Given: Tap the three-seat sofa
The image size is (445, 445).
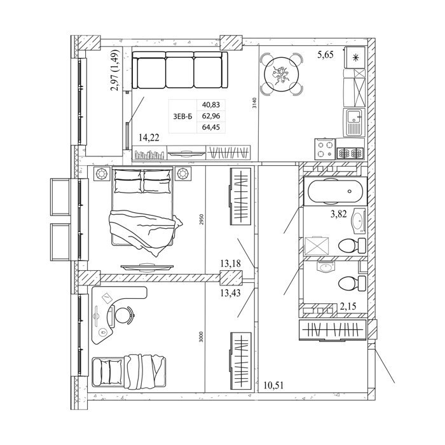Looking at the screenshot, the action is coord(180,70).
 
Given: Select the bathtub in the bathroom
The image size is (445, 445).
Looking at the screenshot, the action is coord(335,191).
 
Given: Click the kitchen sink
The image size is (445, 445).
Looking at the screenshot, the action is coord(353,122).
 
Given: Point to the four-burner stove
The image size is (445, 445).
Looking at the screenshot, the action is coord(325,149).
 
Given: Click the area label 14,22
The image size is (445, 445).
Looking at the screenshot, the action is coord(149,138).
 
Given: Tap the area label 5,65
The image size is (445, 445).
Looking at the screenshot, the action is coord(325,55).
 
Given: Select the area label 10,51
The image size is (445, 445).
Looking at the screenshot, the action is coord(273,385).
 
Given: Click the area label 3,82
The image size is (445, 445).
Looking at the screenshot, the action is coord(339,214).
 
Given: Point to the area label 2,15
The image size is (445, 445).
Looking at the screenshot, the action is coord(348,306).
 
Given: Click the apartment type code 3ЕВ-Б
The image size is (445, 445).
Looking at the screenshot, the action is coord(182,116).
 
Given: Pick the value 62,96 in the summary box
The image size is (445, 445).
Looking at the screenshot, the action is coord(211,116).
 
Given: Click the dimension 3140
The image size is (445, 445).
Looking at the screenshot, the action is coord(254,103).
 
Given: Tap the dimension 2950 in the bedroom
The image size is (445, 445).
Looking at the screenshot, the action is coord(202,219).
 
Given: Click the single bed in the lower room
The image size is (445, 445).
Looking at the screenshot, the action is coord(129,371).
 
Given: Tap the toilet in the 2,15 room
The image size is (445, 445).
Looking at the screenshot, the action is coord(352,283).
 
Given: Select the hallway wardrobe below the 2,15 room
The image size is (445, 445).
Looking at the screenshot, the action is coord(332,330).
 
